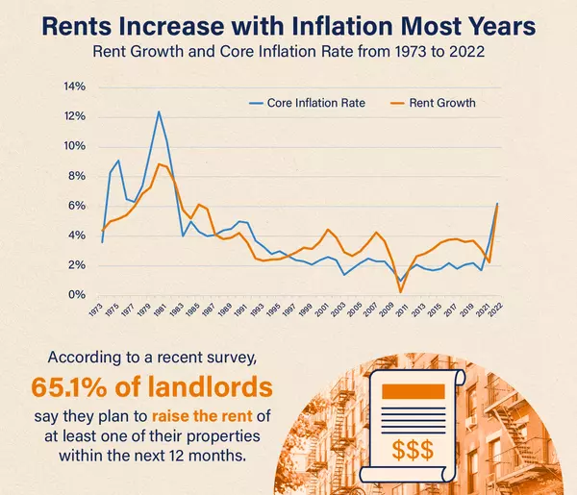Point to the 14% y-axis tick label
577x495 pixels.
coord(74,87)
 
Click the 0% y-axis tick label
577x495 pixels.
coord(77,295)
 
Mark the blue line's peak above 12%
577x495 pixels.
coord(159,111)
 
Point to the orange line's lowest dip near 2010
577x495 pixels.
coord(400,290)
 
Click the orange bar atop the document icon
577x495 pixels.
coord(414,391)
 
